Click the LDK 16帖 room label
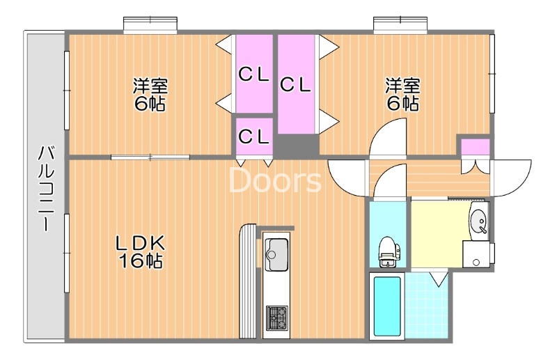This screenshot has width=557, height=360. tap(140, 251)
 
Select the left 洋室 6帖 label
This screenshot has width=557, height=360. tap(150, 95)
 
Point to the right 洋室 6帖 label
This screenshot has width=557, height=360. tap(403, 95)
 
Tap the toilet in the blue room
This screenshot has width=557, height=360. tap(387, 249)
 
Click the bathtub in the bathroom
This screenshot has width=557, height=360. tap(386, 306)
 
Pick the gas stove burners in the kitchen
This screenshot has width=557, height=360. tap(276, 317)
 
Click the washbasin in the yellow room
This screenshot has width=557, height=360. tap(479, 221)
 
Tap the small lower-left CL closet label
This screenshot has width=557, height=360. tap(253, 137)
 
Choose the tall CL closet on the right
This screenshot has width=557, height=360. tap(296, 84)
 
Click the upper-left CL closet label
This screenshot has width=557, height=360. tap(253, 75)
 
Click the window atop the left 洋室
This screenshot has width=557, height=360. tap(150, 25)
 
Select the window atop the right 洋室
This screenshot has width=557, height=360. tap(400, 25)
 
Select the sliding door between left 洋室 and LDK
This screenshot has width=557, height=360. tap(150, 157)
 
